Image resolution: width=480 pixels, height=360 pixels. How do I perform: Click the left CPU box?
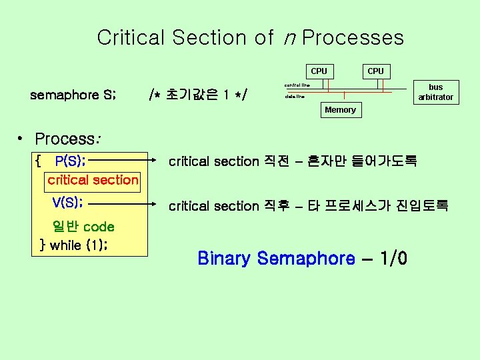pyautogui.click(x=319, y=71)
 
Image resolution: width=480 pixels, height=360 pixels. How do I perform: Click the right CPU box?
pyautogui.click(x=375, y=71)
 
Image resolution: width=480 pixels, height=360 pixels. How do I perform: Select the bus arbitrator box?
pyautogui.click(x=435, y=92)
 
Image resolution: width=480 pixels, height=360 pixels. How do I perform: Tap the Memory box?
pyautogui.click(x=340, y=110)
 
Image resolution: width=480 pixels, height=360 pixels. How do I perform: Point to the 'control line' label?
pyautogui.click(x=297, y=85)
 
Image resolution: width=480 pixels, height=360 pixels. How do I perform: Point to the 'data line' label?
pyautogui.click(x=294, y=97)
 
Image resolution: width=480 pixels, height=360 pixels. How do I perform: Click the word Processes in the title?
pyautogui.click(x=353, y=38)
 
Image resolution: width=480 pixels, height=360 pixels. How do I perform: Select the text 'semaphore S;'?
pyautogui.click(x=74, y=95)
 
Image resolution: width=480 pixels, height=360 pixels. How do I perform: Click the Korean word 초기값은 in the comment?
pyautogui.click(x=195, y=95)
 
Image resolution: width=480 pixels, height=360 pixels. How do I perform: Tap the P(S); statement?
pyautogui.click(x=70, y=161)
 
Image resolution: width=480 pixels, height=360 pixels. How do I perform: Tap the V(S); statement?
pyautogui.click(x=67, y=202)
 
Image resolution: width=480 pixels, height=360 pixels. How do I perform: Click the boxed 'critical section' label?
pyautogui.click(x=93, y=180)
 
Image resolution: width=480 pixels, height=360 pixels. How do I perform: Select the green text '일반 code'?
pyautogui.click(x=83, y=227)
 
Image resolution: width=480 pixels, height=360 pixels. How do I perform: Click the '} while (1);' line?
pyautogui.click(x=75, y=245)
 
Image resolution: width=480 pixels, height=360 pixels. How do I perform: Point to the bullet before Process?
pyautogui.click(x=22, y=139)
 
